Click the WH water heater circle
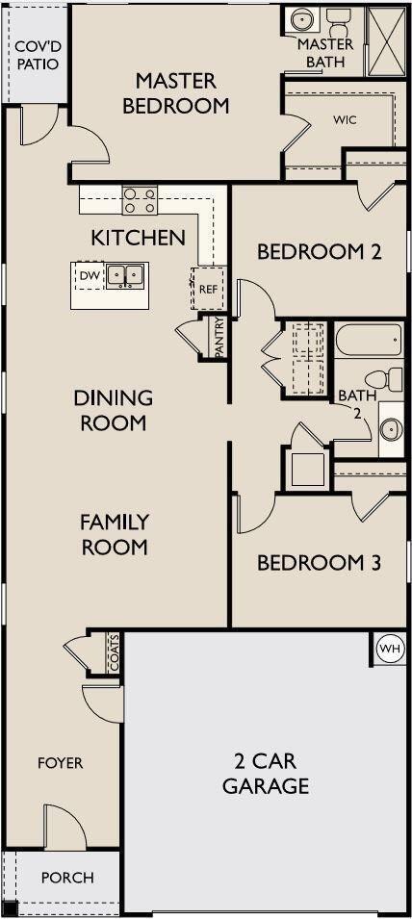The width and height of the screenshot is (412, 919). coord(390,649)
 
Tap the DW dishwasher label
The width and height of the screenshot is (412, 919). coord(88,275)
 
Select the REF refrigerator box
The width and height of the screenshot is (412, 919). coord(208,288)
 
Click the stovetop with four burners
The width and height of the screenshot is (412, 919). coord(140,200)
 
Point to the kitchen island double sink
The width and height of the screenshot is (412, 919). coord(125,275)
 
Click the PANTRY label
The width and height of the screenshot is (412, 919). coord(219,337)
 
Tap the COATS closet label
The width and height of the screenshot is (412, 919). coord(114,652)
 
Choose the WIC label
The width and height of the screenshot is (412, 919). coord(346,120)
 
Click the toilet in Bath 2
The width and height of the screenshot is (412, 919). coord(384,378)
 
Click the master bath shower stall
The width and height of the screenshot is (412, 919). coord(385,41)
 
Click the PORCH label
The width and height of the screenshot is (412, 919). coord(67,878)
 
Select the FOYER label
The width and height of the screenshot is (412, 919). coord(61,764)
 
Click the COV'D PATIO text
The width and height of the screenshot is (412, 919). coord(38,56)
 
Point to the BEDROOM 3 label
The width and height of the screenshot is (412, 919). coord(320,563)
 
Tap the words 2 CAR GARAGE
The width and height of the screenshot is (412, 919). coord(266,774)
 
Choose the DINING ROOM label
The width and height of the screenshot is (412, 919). coord(114,410)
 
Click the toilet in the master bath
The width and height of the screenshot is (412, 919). coord(338,23)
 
